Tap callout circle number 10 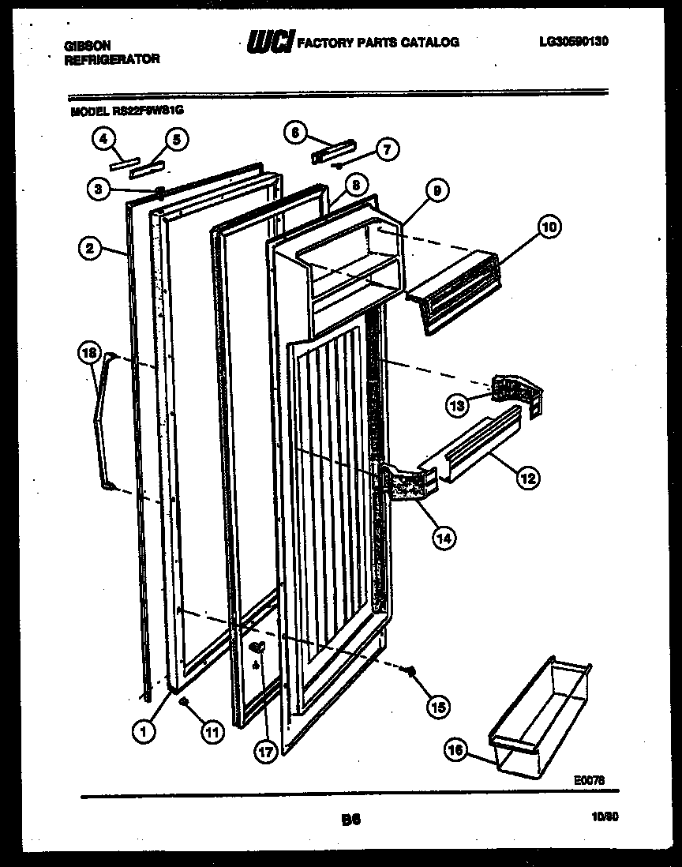548,227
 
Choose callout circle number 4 102,140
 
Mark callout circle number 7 387,148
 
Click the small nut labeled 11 183,702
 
